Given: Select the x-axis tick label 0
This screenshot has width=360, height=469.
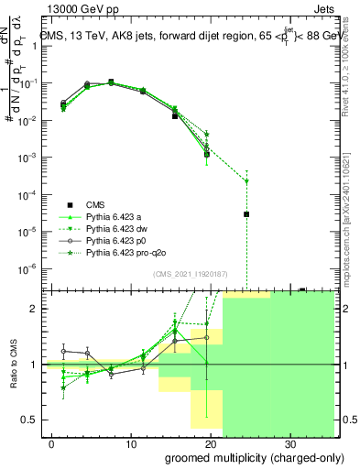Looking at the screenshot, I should point(52,443).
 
